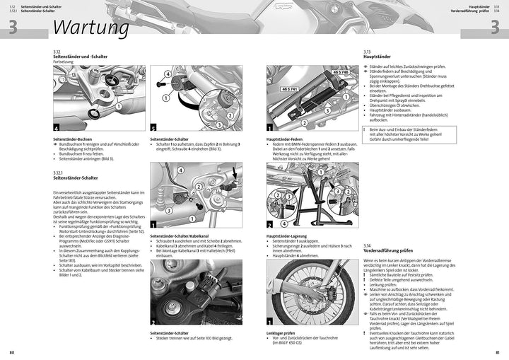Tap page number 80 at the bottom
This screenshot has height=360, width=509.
point(12,352)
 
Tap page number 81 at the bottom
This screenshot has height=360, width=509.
point(497,352)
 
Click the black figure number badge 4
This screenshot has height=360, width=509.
point(57,127)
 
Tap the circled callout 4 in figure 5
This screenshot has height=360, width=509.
point(167,73)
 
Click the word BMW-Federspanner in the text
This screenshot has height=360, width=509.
point(310,144)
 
